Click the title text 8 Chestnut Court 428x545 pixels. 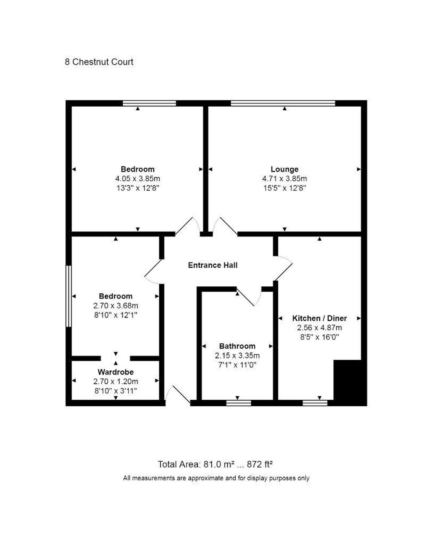[x=99, y=62]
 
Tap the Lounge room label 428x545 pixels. [x=284, y=169]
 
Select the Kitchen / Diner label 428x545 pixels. [x=319, y=318]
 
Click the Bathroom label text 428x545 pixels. [x=237, y=346]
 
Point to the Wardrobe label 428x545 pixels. [x=116, y=372]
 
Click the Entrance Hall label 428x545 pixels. [x=213, y=265]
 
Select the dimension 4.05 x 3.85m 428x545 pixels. [x=138, y=179]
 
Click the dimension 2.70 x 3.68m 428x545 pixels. [x=116, y=306]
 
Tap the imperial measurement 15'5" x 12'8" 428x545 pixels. [x=284, y=188]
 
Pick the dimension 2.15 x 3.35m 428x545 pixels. [x=237, y=355]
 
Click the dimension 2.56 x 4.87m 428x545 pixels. [x=319, y=328]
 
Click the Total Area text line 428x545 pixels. [x=215, y=464]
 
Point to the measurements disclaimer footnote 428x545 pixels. [x=216, y=478]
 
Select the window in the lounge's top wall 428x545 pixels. [x=283, y=103]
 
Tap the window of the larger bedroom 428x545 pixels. [x=149, y=103]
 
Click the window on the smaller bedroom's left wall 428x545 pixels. [x=69, y=296]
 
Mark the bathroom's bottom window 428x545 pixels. [x=239, y=403]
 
